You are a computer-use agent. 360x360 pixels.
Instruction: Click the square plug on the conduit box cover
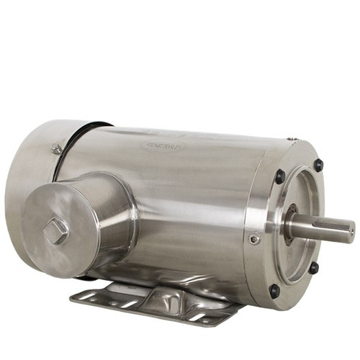pyautogui.click(x=55, y=230)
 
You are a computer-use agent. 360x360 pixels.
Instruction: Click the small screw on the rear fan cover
pyautogui.click(x=56, y=149)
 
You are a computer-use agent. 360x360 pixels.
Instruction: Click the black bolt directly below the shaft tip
pyautogui.click(x=314, y=268)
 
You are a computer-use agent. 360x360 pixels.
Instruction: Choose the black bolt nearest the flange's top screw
pyautogui.click(x=280, y=176)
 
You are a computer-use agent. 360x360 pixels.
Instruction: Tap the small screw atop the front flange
pyautogui.click(x=291, y=139)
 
